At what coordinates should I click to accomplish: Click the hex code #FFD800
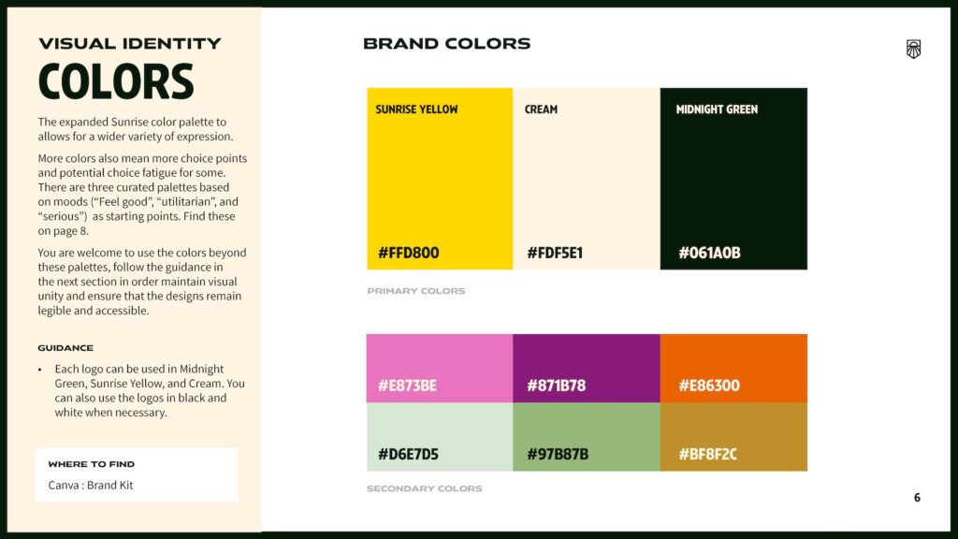coord(408,253)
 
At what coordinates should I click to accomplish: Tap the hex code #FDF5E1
coord(555,253)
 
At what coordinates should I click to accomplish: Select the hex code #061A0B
coord(709,253)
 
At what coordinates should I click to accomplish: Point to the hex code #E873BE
coord(408,386)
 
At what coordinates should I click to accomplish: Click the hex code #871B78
coord(556,386)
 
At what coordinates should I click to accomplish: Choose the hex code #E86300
coord(709,386)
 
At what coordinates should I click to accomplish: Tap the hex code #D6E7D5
coord(408,454)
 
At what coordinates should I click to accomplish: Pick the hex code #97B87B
coord(558,454)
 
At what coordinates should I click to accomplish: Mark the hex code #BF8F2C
coord(707,454)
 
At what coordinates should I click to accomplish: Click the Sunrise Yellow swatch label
coord(416,109)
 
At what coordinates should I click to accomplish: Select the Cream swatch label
coord(541,109)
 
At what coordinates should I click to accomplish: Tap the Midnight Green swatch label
coord(717,109)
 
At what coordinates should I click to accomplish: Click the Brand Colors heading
coord(446,44)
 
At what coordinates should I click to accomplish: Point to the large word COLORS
coord(116,82)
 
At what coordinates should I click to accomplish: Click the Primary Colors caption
coord(416,291)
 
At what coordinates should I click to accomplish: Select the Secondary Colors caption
coord(424,488)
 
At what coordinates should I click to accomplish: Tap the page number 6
coord(917,498)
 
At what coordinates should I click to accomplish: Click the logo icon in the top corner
coord(913,49)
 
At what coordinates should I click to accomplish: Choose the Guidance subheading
coord(65,348)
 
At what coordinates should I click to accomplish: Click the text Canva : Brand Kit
coord(91,486)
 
